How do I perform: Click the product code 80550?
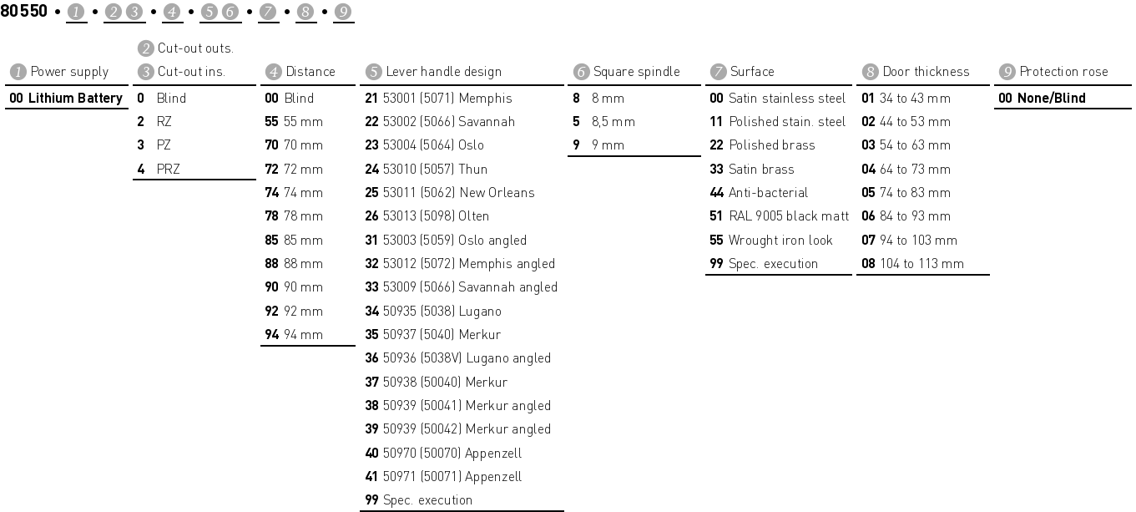[x=23, y=12]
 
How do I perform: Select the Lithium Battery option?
[x=66, y=99]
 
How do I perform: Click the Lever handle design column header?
[x=442, y=72]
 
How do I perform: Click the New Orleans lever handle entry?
[x=458, y=193]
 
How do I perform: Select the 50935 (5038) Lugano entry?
[x=442, y=312]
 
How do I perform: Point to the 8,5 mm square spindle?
[x=612, y=122]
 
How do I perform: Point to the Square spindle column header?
[x=635, y=72]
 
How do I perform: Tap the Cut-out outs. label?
[x=194, y=48]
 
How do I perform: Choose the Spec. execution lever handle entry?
[x=427, y=500]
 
